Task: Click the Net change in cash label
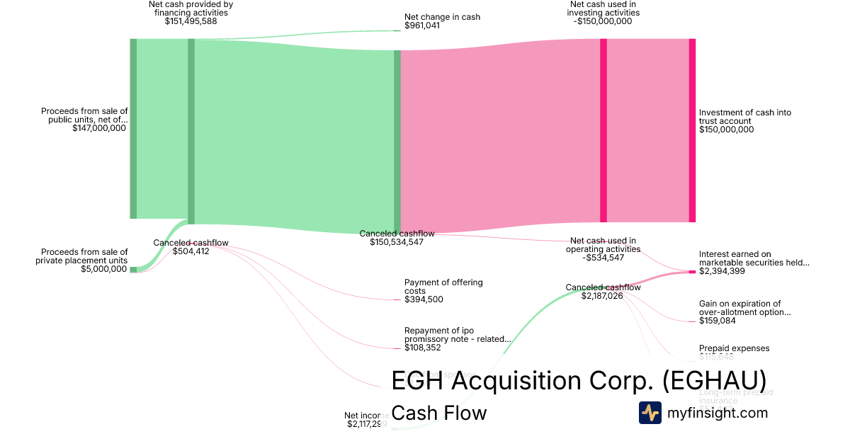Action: (x=432, y=16)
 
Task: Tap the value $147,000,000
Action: (x=99, y=128)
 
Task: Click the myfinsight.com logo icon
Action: (x=650, y=413)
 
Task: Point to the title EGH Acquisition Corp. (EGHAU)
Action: (x=579, y=380)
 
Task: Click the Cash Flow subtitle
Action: (x=439, y=413)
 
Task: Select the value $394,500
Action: (x=424, y=299)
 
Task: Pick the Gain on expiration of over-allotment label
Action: (x=744, y=308)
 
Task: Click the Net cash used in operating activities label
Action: (x=603, y=245)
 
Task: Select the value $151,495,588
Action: (x=191, y=21)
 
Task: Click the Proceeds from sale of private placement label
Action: (x=84, y=256)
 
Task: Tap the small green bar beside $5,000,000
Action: (x=133, y=269)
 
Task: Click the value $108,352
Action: (x=424, y=348)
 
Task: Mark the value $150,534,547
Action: (x=397, y=242)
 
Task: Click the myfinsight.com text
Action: (x=717, y=413)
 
